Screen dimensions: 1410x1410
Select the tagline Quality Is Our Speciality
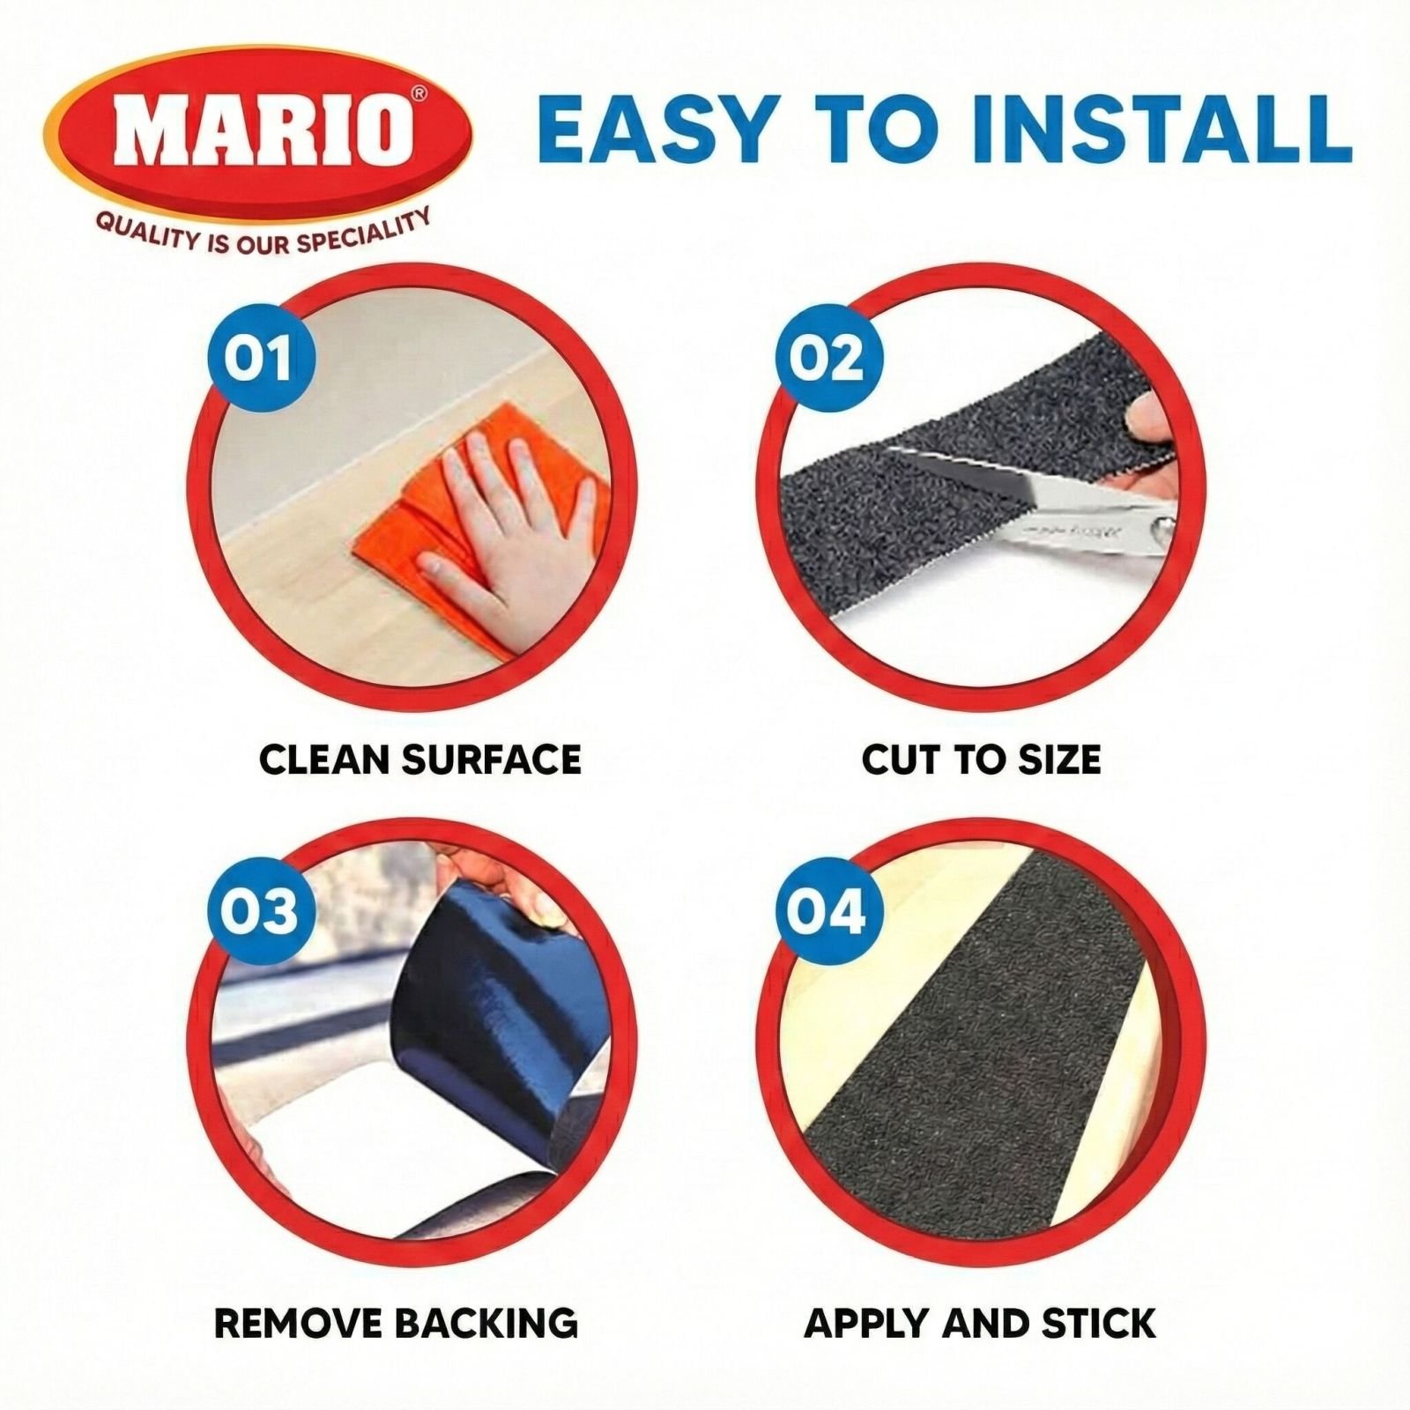pyautogui.click(x=263, y=231)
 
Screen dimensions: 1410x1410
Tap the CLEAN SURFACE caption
pyautogui.click(x=420, y=760)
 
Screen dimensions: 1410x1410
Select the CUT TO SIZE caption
pyautogui.click(x=981, y=760)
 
